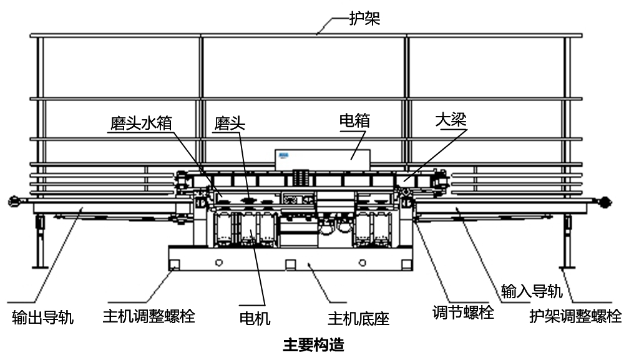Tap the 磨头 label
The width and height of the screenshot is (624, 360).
230,123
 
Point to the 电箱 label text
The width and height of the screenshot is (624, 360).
354,120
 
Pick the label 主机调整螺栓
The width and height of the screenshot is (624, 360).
149,316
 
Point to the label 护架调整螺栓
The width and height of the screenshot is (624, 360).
575,316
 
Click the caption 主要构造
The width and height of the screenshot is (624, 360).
313,344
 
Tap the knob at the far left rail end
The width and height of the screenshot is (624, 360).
12,201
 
